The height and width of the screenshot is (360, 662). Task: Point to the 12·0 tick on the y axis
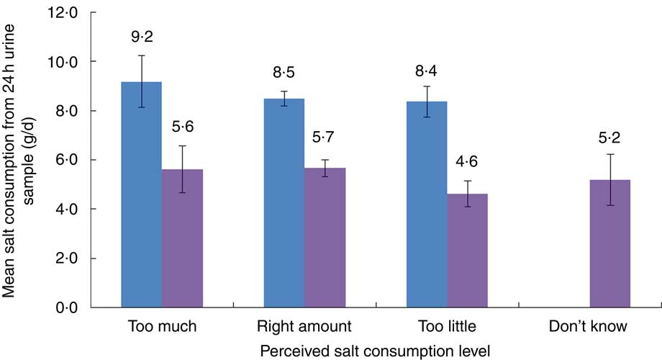point(62,12)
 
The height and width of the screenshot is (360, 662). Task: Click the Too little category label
point(446,327)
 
